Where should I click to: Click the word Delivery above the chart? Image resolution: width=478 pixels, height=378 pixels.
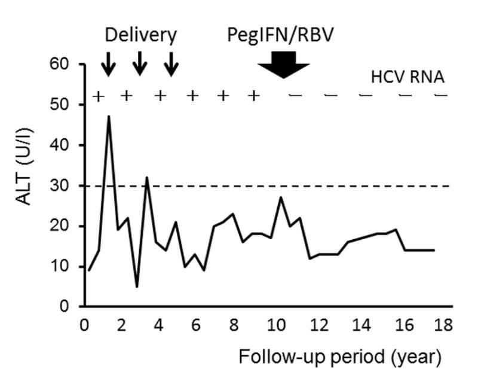click(141, 35)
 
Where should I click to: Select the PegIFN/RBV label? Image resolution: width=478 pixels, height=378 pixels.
click(280, 35)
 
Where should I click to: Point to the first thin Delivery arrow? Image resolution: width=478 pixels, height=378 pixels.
click(108, 64)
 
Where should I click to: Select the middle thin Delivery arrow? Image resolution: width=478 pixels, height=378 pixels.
click(140, 64)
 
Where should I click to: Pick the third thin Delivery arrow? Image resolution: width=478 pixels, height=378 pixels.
click(171, 64)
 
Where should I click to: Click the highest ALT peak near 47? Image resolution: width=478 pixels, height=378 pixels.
click(109, 117)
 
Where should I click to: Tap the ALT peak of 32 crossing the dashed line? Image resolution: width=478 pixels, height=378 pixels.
click(146, 177)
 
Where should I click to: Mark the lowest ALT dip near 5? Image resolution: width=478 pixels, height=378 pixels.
click(137, 286)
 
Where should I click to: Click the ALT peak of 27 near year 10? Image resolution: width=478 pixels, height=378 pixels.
click(281, 197)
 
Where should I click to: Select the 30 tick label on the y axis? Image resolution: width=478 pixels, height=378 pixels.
click(62, 185)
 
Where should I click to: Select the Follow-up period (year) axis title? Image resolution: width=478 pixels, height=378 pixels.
click(341, 358)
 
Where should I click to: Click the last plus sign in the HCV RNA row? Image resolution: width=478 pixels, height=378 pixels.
click(254, 96)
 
